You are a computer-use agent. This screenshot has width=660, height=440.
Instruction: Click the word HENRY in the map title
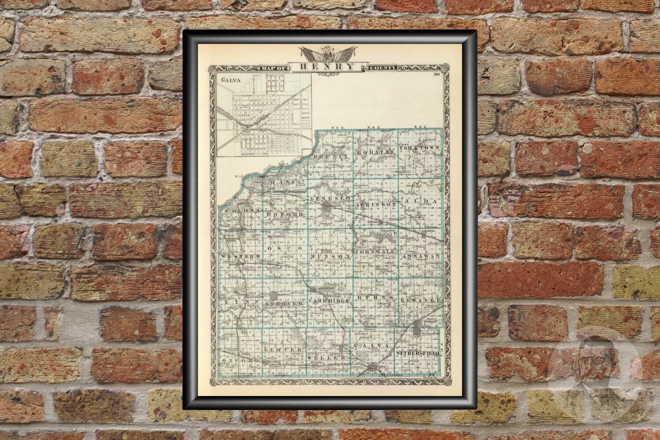pyautogui.click(x=328, y=67)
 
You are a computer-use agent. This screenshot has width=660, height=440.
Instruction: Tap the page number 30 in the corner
pyautogui.click(x=437, y=74)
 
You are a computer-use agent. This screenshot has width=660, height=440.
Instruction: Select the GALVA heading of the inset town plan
pyautogui.click(x=228, y=81)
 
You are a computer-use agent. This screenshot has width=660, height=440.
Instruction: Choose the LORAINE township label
pyautogui.click(x=376, y=152)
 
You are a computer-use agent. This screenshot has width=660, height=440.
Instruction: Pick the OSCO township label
pyautogui.click(x=287, y=249)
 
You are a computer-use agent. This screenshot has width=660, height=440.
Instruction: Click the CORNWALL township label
pyautogui.click(x=375, y=256)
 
